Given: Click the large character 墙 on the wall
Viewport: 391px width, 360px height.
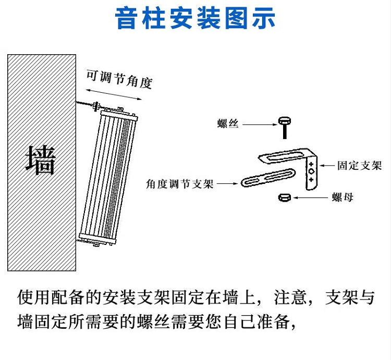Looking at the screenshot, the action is [x=41, y=160].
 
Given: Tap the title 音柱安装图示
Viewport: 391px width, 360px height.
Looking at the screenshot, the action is [x=195, y=19].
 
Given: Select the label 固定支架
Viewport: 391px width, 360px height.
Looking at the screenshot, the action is [x=360, y=166].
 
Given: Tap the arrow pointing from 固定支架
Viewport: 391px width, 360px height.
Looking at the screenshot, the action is [x=327, y=166].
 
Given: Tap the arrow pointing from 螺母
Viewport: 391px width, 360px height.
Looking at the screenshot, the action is [x=310, y=198].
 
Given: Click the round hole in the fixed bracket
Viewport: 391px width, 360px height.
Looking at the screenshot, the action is [x=311, y=171].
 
